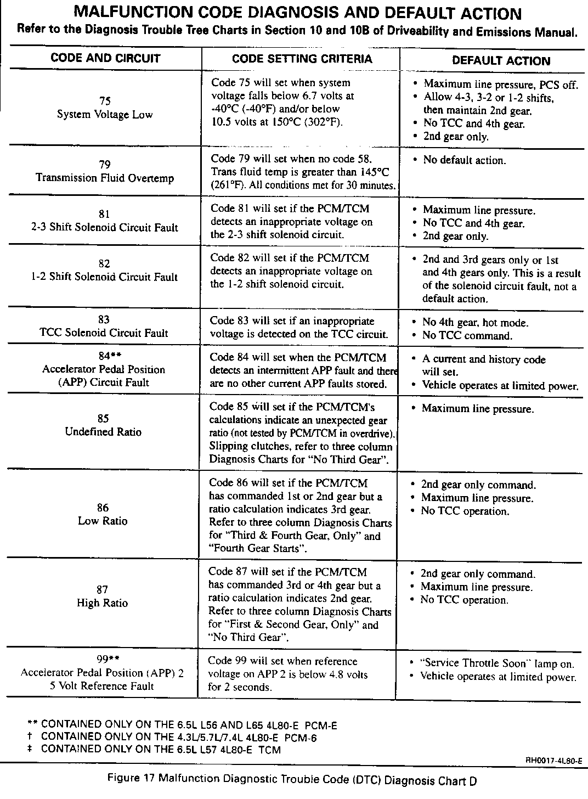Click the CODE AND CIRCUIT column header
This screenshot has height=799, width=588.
click(105, 59)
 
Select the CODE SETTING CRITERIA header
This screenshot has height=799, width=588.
click(302, 59)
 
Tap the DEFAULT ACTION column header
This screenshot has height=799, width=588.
click(501, 61)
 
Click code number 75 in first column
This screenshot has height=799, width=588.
click(105, 101)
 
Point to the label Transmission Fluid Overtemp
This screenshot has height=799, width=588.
click(105, 178)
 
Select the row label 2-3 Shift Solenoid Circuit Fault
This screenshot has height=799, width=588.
click(105, 228)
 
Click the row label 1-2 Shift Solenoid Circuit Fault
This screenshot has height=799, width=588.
click(104, 277)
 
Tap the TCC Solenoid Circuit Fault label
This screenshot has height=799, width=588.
click(104, 333)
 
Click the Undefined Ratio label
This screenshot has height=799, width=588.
click(103, 432)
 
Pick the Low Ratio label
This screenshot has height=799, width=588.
click(103, 521)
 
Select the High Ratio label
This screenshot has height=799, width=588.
click(102, 603)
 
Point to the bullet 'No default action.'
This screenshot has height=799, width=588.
click(465, 160)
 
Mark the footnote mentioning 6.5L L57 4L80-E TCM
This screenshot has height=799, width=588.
click(160, 750)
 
